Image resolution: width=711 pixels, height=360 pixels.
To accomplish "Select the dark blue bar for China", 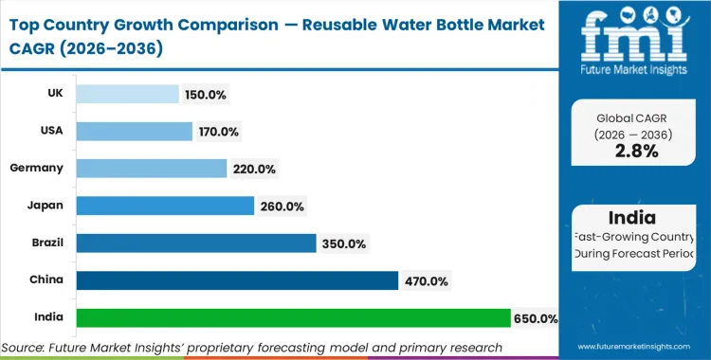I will point(237,280).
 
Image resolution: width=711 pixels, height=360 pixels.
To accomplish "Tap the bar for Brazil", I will point(195,243).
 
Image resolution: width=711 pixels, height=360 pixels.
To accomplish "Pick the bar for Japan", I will point(165,206).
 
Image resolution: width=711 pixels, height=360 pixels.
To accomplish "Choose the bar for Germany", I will point(152,169).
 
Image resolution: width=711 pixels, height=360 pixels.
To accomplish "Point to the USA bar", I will point(134,132).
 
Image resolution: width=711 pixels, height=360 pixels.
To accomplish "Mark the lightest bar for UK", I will point(127,94).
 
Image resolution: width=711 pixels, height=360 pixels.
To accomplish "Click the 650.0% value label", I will point(536,318).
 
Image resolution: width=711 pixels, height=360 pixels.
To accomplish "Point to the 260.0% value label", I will point(283,206).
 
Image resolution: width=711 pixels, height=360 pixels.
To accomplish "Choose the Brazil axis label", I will point(47,243).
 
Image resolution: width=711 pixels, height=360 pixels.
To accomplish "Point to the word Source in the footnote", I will point(28,348).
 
